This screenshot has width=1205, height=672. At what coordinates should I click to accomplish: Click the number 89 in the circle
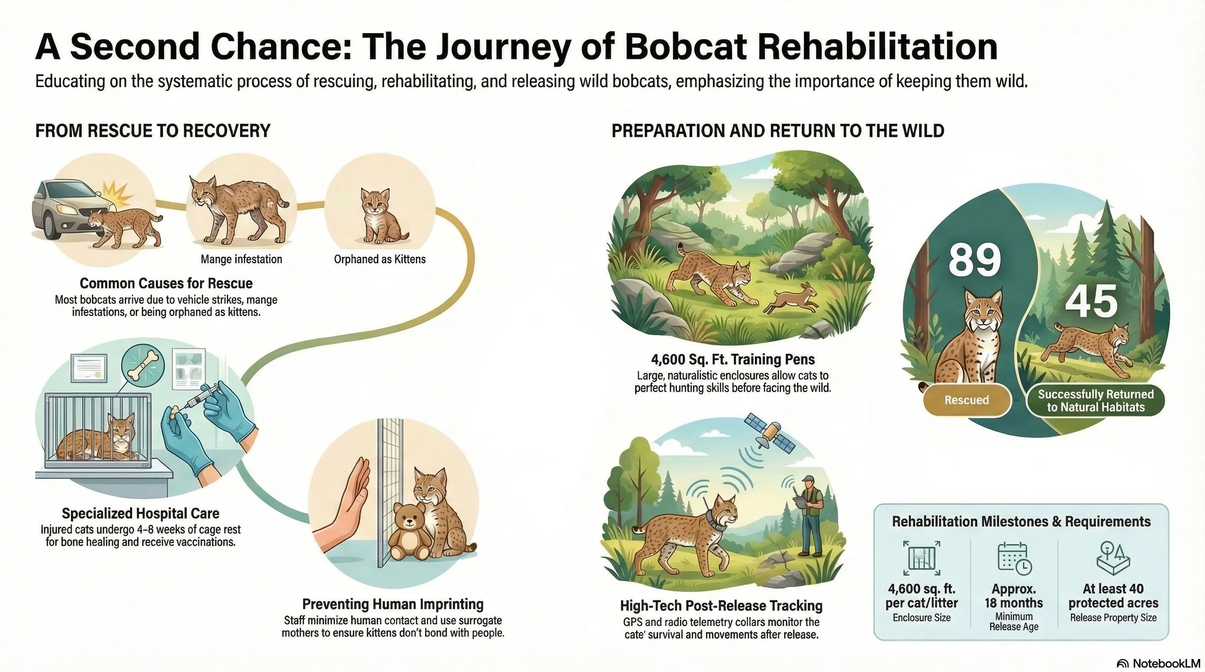click(975, 260)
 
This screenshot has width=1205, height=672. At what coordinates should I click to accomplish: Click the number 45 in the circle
click(1091, 301)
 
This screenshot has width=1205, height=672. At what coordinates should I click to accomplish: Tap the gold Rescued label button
click(966, 400)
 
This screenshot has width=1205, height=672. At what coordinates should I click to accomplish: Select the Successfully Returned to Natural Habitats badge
click(1095, 401)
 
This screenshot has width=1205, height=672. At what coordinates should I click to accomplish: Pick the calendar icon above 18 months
click(1013, 558)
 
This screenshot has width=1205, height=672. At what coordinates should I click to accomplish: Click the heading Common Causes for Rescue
click(166, 283)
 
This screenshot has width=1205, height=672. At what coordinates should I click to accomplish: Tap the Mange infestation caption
click(241, 259)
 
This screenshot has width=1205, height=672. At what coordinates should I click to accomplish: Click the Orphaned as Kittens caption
click(380, 259)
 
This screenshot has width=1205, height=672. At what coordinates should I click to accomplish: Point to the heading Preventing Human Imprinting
click(392, 604)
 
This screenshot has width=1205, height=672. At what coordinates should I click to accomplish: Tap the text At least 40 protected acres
click(1113, 595)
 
